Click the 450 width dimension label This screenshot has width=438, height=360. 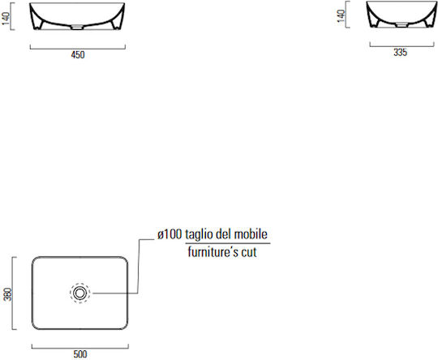[78, 55]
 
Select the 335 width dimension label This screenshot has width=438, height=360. [400, 52]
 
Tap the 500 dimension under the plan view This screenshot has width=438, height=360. [80, 354]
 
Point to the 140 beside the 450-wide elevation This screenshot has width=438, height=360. [6, 18]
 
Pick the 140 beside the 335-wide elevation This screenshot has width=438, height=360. [341, 15]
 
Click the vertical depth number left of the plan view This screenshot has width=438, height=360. [8, 294]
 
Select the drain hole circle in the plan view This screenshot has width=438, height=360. [79, 293]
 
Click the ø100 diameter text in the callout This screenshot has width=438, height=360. [170, 234]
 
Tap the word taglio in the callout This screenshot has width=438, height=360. [200, 235]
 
